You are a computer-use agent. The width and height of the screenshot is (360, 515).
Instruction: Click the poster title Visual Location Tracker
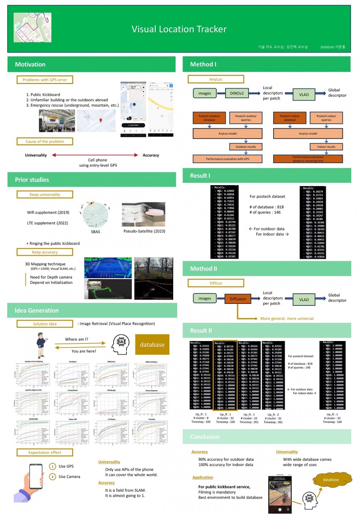(x=179, y=29)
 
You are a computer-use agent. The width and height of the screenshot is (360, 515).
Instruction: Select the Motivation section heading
(x=30, y=64)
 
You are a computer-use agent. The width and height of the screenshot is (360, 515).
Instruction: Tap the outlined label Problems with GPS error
(x=45, y=80)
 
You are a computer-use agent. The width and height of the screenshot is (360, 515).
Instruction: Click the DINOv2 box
(x=236, y=93)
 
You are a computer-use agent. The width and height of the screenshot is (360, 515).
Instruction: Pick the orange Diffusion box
(x=238, y=299)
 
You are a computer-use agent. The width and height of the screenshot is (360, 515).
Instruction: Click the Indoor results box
(x=326, y=147)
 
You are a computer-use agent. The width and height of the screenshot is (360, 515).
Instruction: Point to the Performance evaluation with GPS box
(x=228, y=159)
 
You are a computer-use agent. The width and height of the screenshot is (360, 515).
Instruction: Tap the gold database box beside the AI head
(x=152, y=345)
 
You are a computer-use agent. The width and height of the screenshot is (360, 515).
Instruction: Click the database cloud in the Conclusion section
(x=331, y=480)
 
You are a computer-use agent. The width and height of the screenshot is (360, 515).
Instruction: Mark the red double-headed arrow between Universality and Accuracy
(x=94, y=155)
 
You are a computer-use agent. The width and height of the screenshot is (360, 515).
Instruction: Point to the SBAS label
(x=96, y=232)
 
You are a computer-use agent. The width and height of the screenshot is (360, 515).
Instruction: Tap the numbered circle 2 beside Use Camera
(x=52, y=477)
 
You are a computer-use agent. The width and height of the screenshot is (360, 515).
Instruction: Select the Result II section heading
(x=201, y=331)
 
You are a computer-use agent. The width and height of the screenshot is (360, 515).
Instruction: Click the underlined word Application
(x=202, y=477)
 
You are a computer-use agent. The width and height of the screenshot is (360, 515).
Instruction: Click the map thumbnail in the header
(x=32, y=27)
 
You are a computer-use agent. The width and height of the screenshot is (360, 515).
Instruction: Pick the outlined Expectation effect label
(x=45, y=453)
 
